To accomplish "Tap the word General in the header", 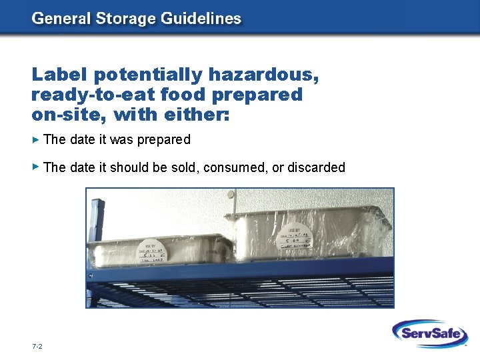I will pyautogui.click(x=58, y=19).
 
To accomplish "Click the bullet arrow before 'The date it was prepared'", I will pyautogui.click(x=36, y=139).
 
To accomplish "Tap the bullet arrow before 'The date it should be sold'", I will pyautogui.click(x=36, y=167).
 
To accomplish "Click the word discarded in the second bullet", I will pyautogui.click(x=316, y=167).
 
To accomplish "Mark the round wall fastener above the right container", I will pyautogui.click(x=231, y=195).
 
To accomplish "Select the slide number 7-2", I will pyautogui.click(x=37, y=347).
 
